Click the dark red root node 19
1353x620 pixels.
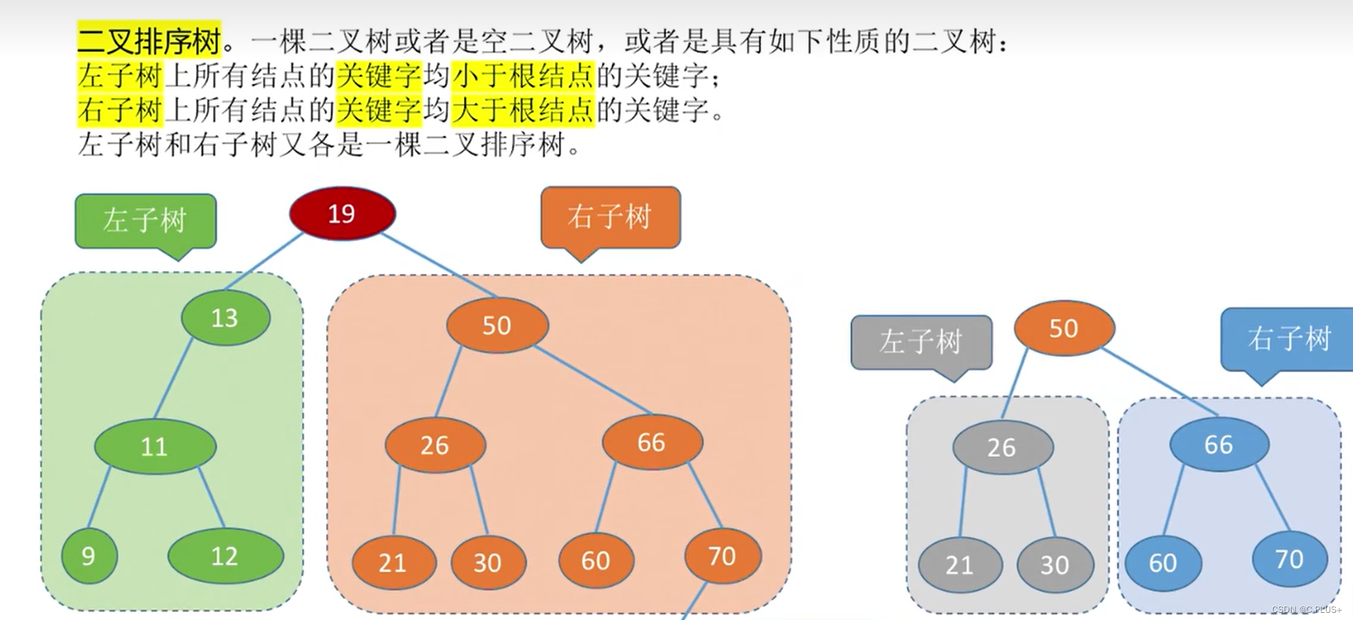coord(342,213)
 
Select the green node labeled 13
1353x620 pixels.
coord(226,318)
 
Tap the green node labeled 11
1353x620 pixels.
coord(155,446)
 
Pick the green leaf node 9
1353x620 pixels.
coord(89,556)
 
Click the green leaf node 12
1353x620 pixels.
coord(225,556)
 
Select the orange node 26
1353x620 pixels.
coord(435,445)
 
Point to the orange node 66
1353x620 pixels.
coord(652,442)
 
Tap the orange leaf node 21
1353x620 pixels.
coord(393,563)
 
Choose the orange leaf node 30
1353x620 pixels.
coord(488,563)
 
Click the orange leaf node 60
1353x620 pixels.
coord(596,560)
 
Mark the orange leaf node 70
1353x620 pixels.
coord(723,556)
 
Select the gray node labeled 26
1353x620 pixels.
coord(1002,447)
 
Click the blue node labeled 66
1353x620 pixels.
coord(1219,444)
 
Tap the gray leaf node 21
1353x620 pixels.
coord(959,565)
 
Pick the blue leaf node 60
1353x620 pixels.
coord(1163,563)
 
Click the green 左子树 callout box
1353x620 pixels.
coord(145,221)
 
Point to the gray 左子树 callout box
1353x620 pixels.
coord(921,342)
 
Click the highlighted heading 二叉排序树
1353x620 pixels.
coord(149,41)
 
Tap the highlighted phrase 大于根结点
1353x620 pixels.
coord(522,110)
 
